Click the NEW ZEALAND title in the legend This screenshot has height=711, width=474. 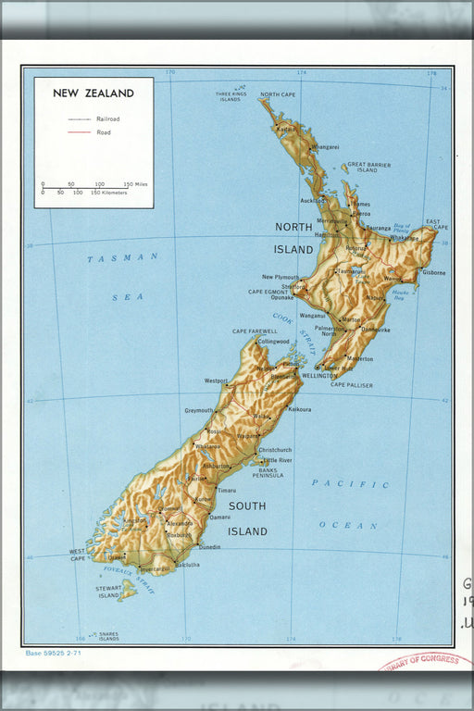94,94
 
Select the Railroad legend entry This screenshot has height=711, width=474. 107,119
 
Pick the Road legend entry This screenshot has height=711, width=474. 104,132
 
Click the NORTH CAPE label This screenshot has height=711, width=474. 278,94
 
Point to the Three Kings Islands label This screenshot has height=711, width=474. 231,96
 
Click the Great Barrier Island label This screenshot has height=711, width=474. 368,167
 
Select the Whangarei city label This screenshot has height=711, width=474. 325,146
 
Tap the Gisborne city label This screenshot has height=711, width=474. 434,273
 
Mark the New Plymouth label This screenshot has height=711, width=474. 281,277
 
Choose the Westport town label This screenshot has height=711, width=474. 216,380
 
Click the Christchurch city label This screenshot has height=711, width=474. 275,450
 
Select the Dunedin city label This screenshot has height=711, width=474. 209,547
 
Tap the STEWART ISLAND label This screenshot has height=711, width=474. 108,592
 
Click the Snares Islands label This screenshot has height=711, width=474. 108,636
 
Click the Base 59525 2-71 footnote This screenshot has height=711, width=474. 55,653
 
